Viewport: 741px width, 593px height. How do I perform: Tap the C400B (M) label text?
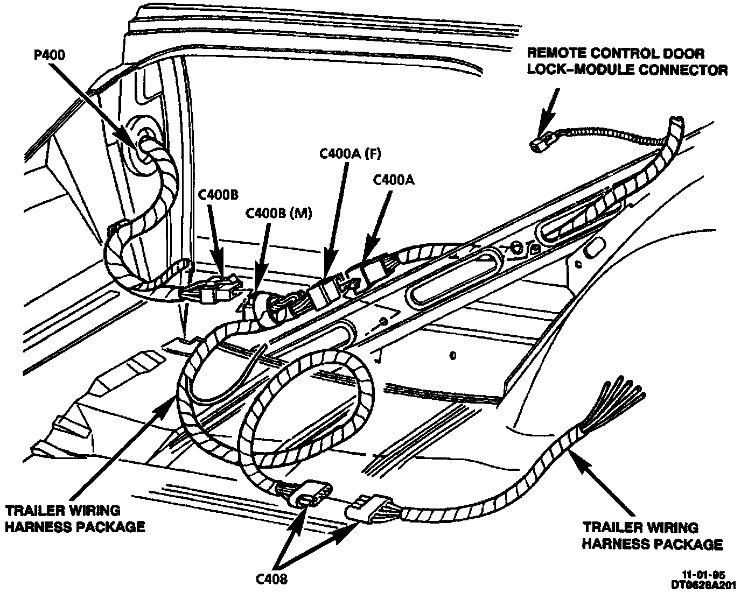pos(278,213)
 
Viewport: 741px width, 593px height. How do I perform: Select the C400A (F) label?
pos(351,154)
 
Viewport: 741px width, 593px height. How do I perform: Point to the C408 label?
pos(272,579)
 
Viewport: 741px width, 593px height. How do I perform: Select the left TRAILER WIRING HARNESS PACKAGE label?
pos(75,518)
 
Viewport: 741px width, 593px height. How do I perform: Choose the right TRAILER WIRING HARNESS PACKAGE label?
pos(652,536)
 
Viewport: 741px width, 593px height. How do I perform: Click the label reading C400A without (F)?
pos(394,181)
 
